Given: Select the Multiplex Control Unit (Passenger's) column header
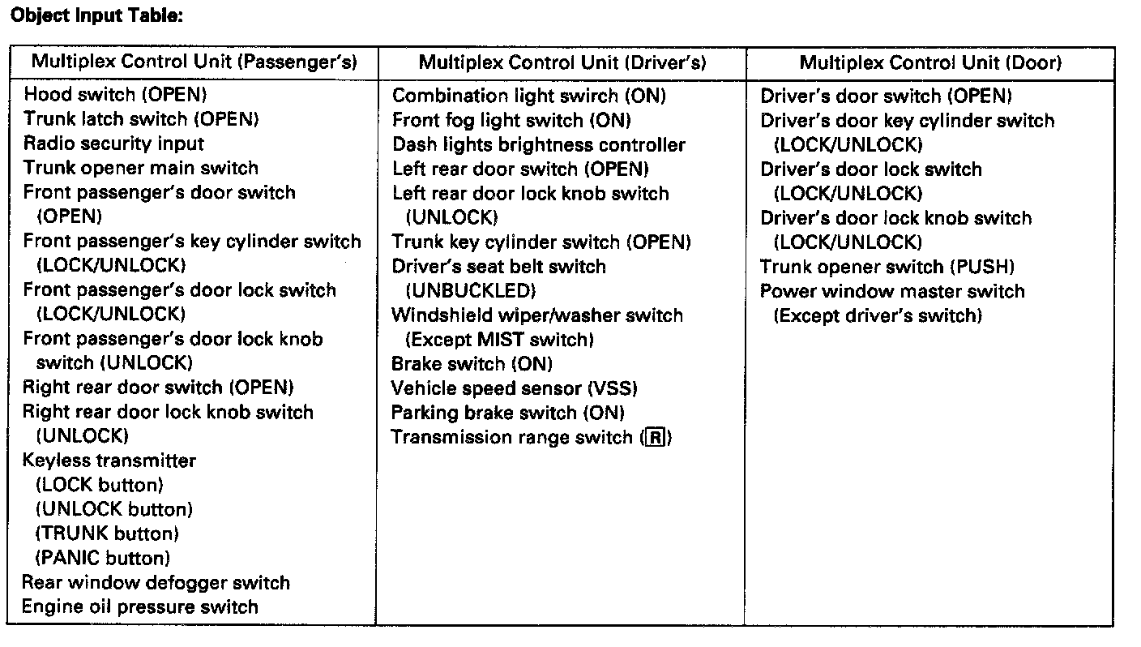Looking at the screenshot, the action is click(194, 62).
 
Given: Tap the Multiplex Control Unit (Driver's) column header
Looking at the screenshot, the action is click(562, 62).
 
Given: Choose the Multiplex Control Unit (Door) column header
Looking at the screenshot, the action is click(930, 62).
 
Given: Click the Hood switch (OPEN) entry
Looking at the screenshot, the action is click(115, 95).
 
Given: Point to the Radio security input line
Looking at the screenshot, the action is click(113, 144).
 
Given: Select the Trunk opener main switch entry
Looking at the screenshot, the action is click(141, 168).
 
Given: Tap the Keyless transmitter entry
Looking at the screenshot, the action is click(109, 461).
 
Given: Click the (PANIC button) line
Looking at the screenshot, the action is click(103, 558).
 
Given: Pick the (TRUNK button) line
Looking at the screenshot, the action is click(107, 533).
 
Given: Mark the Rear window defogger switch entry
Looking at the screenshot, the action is click(156, 582).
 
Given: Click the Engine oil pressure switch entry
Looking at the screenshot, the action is click(140, 606).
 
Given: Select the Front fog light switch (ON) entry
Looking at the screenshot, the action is click(511, 120).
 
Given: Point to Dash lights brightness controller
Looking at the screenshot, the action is click(539, 144).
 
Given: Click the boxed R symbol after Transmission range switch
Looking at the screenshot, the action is click(655, 438).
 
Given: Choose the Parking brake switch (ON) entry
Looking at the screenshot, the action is click(508, 413).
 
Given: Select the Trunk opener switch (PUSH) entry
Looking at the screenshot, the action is click(887, 266).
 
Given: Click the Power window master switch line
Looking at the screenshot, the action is click(892, 290).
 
